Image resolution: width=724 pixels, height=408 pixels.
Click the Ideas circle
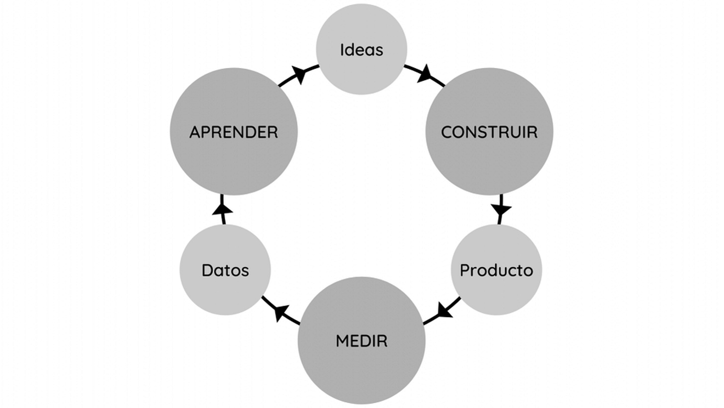[362, 30]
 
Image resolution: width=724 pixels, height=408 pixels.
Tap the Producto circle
[496, 293]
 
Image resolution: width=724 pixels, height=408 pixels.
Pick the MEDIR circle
[362, 368]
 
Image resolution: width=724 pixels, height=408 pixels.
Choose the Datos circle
[225, 293]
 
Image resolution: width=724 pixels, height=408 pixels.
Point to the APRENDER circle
[234, 159]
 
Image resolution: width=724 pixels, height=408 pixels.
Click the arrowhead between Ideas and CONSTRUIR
[425, 75]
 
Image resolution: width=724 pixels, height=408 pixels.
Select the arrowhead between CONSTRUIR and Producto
[501, 209]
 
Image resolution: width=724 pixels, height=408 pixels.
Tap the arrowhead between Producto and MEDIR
[444, 311]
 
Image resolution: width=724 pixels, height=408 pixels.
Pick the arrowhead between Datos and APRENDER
[222, 209]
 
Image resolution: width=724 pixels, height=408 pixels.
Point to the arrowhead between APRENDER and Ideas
[299, 75]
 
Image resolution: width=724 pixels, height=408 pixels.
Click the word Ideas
[362, 50]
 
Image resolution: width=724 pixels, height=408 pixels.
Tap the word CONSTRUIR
[489, 132]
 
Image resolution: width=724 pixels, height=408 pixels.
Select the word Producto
[496, 270]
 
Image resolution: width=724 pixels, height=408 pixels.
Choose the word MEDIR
[362, 341]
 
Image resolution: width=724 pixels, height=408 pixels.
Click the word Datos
[225, 270]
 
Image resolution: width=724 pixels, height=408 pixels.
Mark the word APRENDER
[234, 132]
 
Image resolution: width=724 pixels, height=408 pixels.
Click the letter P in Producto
[464, 270]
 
